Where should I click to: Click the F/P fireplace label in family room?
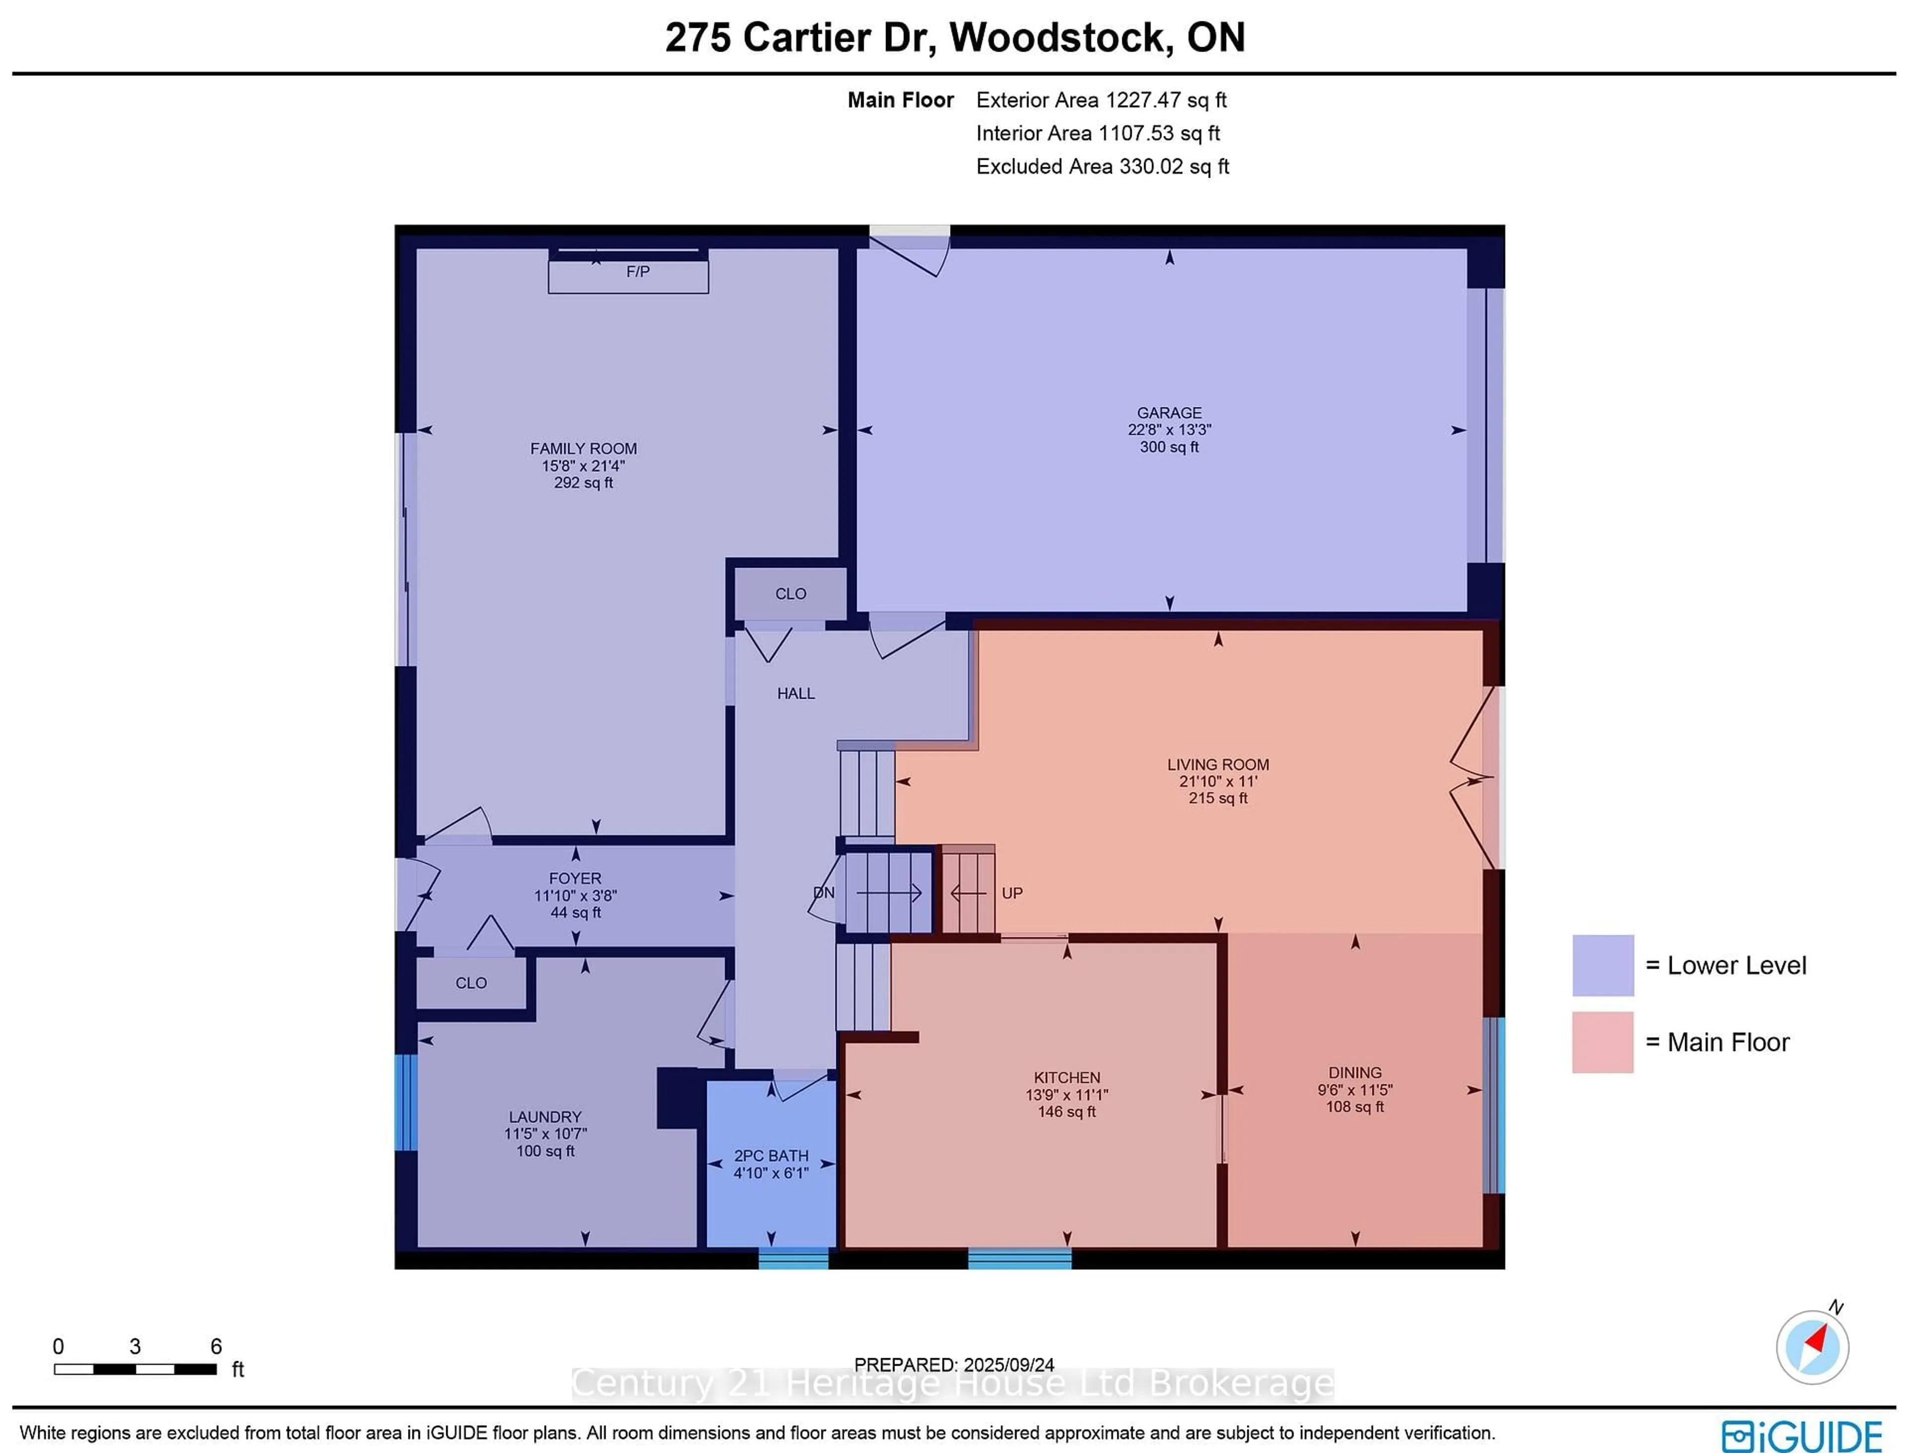click(x=638, y=271)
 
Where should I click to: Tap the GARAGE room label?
click(x=1169, y=412)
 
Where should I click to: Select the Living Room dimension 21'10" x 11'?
click(x=1218, y=781)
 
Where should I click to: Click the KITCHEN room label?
click(x=1067, y=1078)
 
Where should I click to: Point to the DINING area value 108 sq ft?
click(x=1355, y=1106)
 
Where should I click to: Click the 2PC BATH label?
click(x=771, y=1155)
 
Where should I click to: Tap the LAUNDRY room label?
click(x=545, y=1117)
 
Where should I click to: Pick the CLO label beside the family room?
click(x=790, y=594)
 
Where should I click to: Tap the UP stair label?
click(x=1012, y=893)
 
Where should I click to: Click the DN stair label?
click(x=823, y=893)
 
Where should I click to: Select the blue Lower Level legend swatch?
click(x=1602, y=965)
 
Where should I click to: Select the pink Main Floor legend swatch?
click(x=1602, y=1042)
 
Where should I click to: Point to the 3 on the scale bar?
click(x=135, y=1347)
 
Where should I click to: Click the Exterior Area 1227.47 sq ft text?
click(x=1100, y=100)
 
